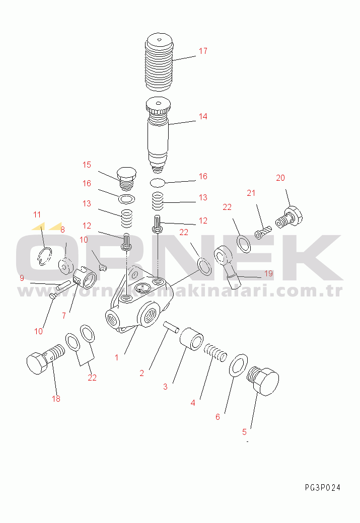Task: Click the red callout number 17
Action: click(x=203, y=51)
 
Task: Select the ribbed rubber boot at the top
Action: click(x=159, y=62)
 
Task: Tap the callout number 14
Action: click(x=203, y=116)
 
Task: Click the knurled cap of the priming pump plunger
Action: click(x=159, y=105)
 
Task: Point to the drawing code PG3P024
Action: click(x=323, y=488)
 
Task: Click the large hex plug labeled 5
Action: click(x=263, y=381)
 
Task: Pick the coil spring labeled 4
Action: click(x=215, y=352)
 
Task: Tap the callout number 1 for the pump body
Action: click(x=116, y=357)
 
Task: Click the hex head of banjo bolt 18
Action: click(x=37, y=363)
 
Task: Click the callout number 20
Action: click(x=280, y=178)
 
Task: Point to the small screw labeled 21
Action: click(x=263, y=232)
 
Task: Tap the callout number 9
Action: click(x=22, y=278)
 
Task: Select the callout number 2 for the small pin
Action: click(x=141, y=373)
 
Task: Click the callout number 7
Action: click(x=64, y=316)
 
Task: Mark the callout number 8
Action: click(x=62, y=230)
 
